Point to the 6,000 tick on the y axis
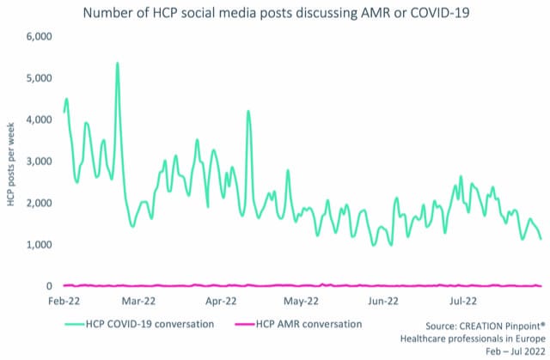[x=38, y=37]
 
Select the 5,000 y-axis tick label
[x=38, y=78]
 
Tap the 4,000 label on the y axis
[x=38, y=120]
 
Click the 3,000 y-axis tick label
[x=38, y=162]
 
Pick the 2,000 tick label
[x=38, y=204]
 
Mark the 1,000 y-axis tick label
[x=38, y=245]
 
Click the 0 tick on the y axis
[x=48, y=286]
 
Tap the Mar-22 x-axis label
[x=138, y=302]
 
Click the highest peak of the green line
[x=117, y=64]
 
